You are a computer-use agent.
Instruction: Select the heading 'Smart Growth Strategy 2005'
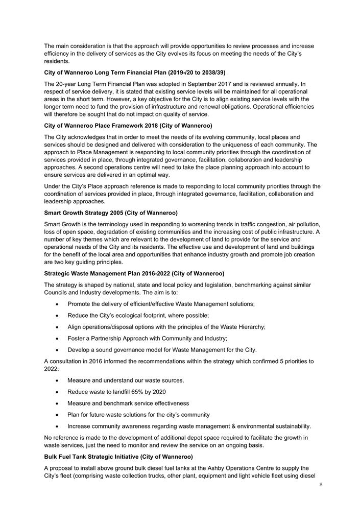tap(111, 213)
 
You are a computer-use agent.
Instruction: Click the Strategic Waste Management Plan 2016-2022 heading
tap(134, 274)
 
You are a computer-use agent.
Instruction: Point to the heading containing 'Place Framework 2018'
tap(128, 126)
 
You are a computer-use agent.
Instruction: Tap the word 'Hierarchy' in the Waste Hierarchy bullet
tap(250, 327)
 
